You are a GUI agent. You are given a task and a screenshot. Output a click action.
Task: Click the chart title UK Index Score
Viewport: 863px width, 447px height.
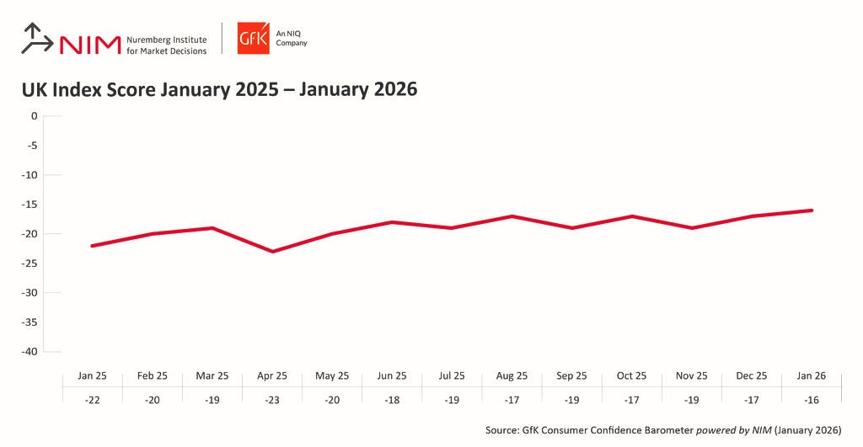click(x=219, y=89)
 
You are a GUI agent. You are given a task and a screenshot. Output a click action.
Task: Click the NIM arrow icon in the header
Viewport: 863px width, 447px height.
click(x=36, y=39)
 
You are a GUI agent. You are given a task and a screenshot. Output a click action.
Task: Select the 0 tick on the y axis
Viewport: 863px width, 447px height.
click(x=35, y=116)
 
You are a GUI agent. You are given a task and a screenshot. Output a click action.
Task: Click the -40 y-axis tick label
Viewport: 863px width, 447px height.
click(x=30, y=352)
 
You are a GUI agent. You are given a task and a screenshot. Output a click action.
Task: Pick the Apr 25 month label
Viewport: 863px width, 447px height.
click(x=271, y=375)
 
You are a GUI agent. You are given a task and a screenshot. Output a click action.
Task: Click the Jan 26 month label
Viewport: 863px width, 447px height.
click(x=812, y=375)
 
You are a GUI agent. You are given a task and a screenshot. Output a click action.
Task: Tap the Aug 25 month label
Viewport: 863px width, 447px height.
click(x=512, y=375)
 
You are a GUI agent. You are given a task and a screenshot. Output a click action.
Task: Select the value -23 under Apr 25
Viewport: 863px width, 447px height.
click(x=271, y=400)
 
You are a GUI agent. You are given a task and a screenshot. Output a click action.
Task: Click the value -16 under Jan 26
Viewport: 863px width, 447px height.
click(x=812, y=400)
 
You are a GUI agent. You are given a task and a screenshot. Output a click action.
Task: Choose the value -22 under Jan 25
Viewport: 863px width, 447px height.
click(x=91, y=400)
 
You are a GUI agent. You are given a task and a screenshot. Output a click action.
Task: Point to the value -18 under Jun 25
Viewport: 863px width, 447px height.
click(x=392, y=400)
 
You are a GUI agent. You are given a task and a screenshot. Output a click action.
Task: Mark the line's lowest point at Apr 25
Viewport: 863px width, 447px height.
click(x=271, y=251)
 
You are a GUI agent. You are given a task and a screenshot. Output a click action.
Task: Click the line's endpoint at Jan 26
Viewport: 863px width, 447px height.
click(x=812, y=210)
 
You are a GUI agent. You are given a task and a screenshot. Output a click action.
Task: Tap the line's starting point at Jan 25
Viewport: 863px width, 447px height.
click(x=91, y=246)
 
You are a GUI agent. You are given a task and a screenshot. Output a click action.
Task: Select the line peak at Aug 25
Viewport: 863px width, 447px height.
click(x=512, y=216)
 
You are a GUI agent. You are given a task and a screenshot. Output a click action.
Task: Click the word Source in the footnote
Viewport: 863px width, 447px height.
click(x=503, y=430)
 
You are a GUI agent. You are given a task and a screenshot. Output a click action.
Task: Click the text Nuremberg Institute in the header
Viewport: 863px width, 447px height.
click(x=166, y=39)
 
